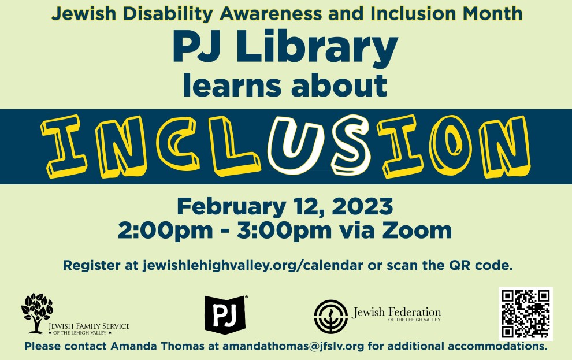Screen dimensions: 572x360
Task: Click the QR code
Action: (526, 314)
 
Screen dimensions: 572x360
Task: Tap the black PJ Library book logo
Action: (225, 314)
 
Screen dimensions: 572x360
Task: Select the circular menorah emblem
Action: (331, 316)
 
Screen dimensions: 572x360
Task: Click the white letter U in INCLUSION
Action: (296, 144)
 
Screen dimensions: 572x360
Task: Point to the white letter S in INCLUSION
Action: (351, 145)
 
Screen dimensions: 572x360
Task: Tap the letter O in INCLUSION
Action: (451, 145)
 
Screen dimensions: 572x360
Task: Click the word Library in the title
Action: (317, 48)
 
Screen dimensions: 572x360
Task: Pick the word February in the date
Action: (231, 207)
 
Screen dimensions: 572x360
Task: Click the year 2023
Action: (362, 206)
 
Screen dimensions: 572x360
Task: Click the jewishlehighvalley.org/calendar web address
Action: (253, 266)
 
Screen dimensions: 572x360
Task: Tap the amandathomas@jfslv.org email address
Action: (294, 346)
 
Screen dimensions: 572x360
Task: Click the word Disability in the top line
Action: (168, 14)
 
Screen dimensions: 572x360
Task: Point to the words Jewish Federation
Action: (396, 312)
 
